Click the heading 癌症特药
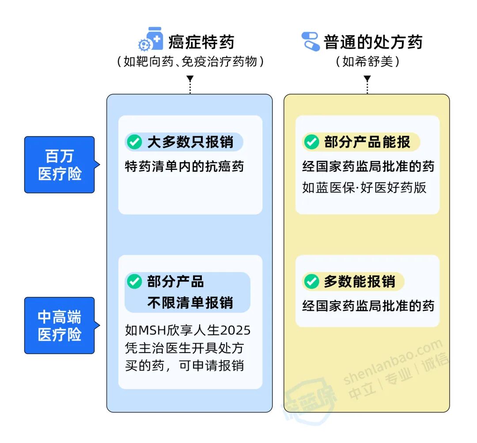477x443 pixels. point(201,42)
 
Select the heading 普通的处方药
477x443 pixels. point(373,42)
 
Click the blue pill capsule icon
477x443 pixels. point(310,41)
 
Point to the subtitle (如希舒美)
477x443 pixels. point(367,61)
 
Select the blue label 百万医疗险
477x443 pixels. point(60,165)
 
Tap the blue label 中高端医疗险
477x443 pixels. point(60,326)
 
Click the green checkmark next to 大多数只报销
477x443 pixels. point(134,142)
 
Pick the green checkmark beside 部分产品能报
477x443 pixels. point(311,142)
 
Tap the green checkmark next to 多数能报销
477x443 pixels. point(311,281)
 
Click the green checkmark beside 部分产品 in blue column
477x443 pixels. point(134,281)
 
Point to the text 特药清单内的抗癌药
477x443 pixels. point(184,167)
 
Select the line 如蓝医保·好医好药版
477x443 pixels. point(364,187)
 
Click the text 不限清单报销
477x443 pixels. point(190,303)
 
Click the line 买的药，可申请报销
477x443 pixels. point(184,366)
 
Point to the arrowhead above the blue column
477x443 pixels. point(190,79)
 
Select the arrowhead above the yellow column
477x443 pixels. point(367,79)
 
